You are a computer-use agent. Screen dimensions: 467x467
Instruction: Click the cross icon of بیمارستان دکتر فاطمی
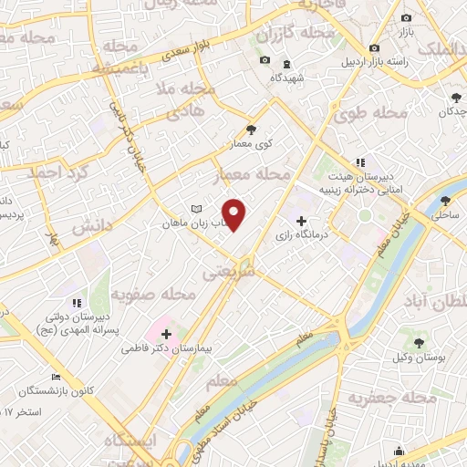(166, 334)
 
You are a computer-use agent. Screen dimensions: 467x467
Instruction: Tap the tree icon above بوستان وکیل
(418, 343)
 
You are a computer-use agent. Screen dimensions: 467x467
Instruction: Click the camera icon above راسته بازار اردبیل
(374, 48)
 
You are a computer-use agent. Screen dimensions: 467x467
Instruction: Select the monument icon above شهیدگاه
(287, 64)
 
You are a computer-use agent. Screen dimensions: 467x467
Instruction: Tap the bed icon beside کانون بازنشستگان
(57, 377)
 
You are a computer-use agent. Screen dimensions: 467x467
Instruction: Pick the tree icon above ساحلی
(445, 202)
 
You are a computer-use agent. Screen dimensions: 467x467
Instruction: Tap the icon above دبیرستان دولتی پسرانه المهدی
(77, 303)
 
